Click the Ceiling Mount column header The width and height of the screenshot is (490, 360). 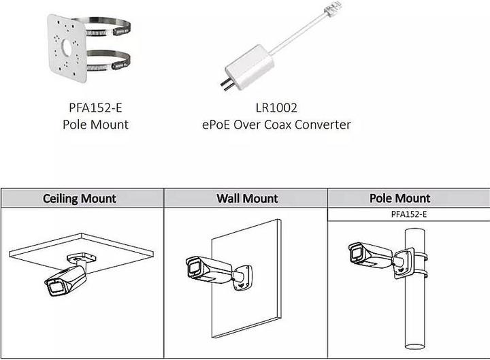point(80,199)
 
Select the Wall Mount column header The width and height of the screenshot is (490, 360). point(246,199)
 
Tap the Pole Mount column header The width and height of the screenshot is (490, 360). point(399,199)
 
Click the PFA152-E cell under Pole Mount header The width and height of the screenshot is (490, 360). point(399,214)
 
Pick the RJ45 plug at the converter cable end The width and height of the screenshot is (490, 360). point(335,9)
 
